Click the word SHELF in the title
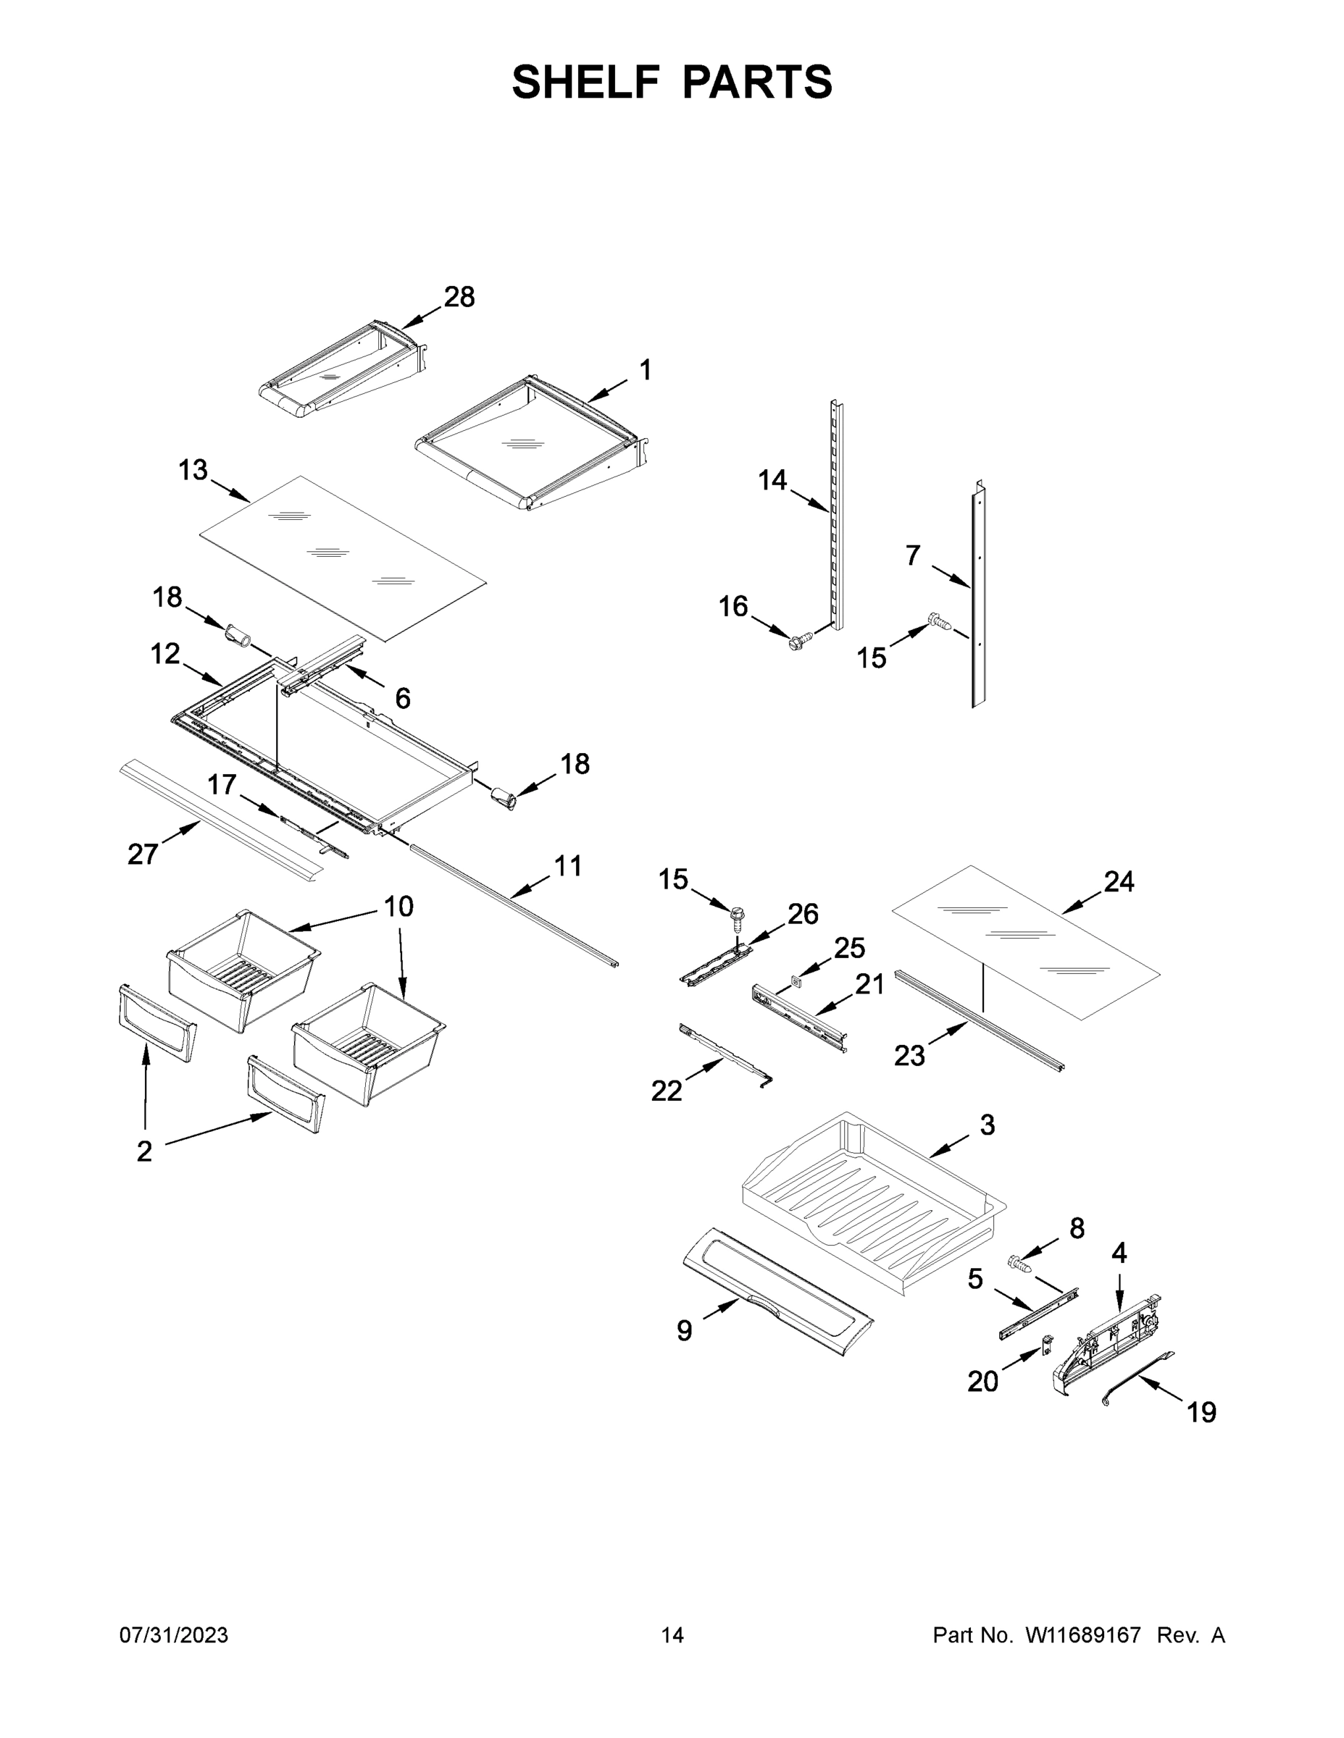tap(586, 82)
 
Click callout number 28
tap(459, 298)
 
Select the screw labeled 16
tap(798, 639)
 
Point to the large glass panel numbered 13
tap(343, 557)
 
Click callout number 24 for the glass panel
tap(1119, 882)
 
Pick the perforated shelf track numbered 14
tap(836, 517)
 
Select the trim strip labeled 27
tap(223, 820)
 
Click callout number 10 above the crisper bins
tap(399, 907)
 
